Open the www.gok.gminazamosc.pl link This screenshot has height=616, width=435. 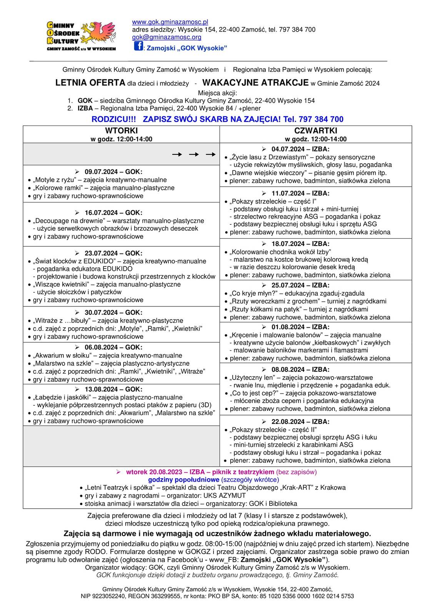click(170, 22)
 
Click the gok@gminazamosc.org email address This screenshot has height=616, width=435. click(167, 37)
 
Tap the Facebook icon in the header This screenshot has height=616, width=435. click(138, 46)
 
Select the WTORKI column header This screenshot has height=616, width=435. click(121, 131)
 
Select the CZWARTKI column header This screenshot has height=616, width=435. click(315, 131)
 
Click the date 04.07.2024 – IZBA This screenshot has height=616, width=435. click(300, 149)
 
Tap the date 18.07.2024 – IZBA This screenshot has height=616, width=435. click(300, 244)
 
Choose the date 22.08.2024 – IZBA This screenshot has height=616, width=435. click(300, 422)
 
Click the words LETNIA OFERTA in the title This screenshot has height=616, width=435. click(90, 82)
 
